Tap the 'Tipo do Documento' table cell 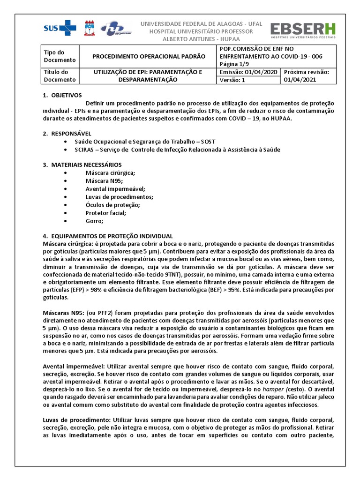59,56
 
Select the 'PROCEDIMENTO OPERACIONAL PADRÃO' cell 149,56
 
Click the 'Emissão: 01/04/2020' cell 248,72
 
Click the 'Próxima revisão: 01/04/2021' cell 307,76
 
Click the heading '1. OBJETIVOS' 62,95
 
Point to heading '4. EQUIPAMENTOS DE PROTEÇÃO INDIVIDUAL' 108,236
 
